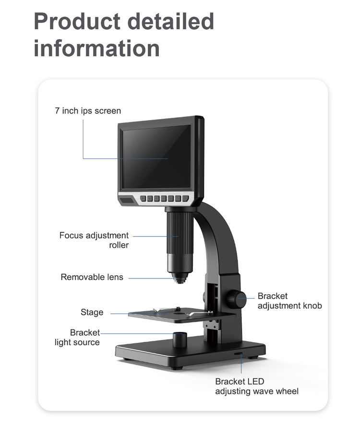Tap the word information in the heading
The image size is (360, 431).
pos(96,48)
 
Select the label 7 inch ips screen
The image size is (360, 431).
pos(88,111)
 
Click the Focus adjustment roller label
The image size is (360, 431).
pos(94,240)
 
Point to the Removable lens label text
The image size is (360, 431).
pos(92,277)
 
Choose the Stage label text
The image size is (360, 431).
pos(92,312)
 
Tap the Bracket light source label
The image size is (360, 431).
pos(78,337)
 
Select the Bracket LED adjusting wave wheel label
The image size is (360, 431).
pos(256,386)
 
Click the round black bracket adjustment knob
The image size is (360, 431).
pos(236,299)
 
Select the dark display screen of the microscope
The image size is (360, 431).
pos(156,156)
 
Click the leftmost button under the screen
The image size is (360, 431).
pos(143,198)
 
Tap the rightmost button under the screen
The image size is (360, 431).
pos(185,198)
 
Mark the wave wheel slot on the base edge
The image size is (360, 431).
pos(239,354)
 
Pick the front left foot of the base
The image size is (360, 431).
pos(177,367)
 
